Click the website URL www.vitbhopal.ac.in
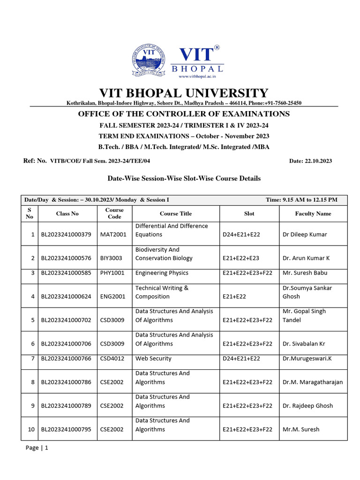[197, 76]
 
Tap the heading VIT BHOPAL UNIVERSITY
[183, 93]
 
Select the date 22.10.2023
[317, 161]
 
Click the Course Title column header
[175, 214]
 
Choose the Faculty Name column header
[313, 214]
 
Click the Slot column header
[249, 214]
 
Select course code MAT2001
[113, 234]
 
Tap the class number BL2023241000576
[67, 258]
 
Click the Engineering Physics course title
[162, 273]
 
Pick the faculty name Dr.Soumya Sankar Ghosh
[307, 292]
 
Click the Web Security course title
[153, 359]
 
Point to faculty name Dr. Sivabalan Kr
[304, 344]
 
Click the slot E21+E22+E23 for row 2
[241, 258]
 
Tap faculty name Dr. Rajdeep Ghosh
[307, 405]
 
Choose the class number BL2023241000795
[67, 429]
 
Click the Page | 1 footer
[37, 448]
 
